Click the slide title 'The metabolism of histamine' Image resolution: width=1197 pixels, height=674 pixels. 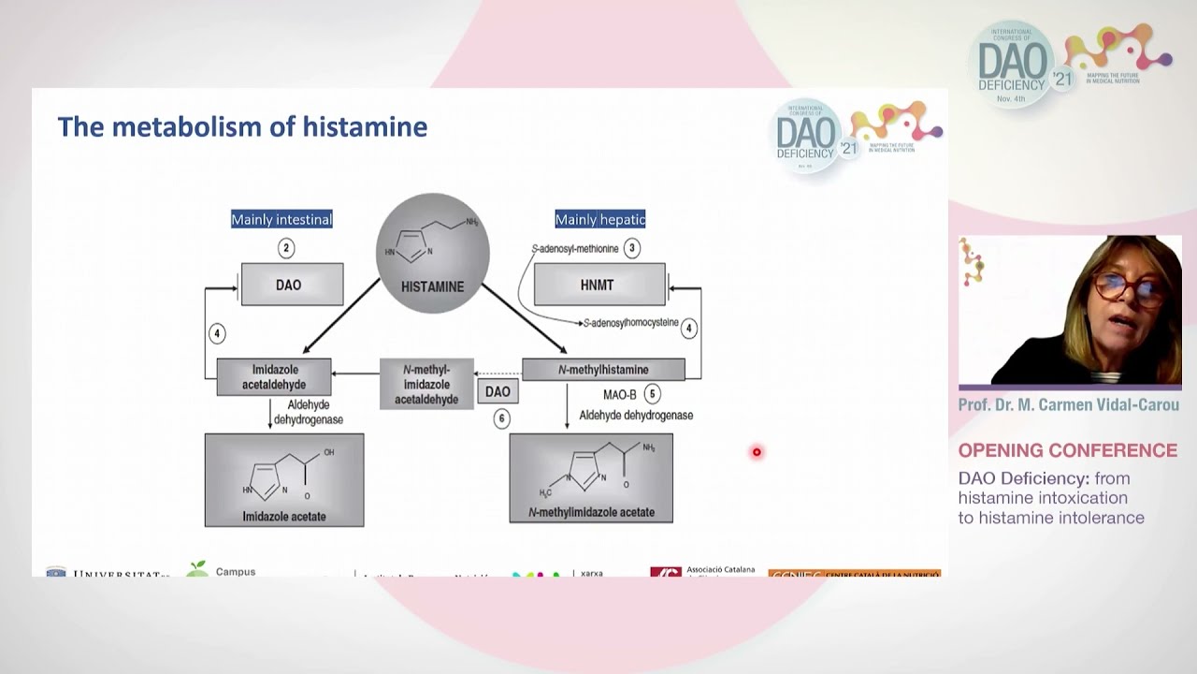click(x=242, y=126)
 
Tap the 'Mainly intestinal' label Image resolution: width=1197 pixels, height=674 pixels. click(x=281, y=220)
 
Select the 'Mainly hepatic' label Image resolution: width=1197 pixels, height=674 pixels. click(x=600, y=220)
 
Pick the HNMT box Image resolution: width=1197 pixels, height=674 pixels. click(x=598, y=285)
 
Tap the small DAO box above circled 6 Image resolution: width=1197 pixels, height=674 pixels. click(x=498, y=392)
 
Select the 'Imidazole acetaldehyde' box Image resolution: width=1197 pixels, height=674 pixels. click(x=274, y=376)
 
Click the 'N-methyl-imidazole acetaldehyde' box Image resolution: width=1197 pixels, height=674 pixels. click(x=426, y=385)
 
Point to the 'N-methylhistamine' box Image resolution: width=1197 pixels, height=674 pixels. click(x=603, y=370)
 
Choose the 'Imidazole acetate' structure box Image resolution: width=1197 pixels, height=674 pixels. click(x=284, y=480)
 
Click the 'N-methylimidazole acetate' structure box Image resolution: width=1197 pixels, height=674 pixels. click(x=591, y=477)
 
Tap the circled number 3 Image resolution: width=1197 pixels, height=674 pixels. click(x=632, y=248)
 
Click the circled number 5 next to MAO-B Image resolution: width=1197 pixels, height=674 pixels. click(x=652, y=394)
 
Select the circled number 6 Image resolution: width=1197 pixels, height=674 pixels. click(x=502, y=419)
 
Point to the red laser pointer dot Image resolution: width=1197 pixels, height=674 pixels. click(x=757, y=453)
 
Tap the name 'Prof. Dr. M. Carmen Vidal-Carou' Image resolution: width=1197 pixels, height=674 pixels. click(x=1068, y=405)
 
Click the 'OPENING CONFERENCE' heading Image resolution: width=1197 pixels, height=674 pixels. click(x=1067, y=451)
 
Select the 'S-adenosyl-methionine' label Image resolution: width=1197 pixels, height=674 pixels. click(x=575, y=249)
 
